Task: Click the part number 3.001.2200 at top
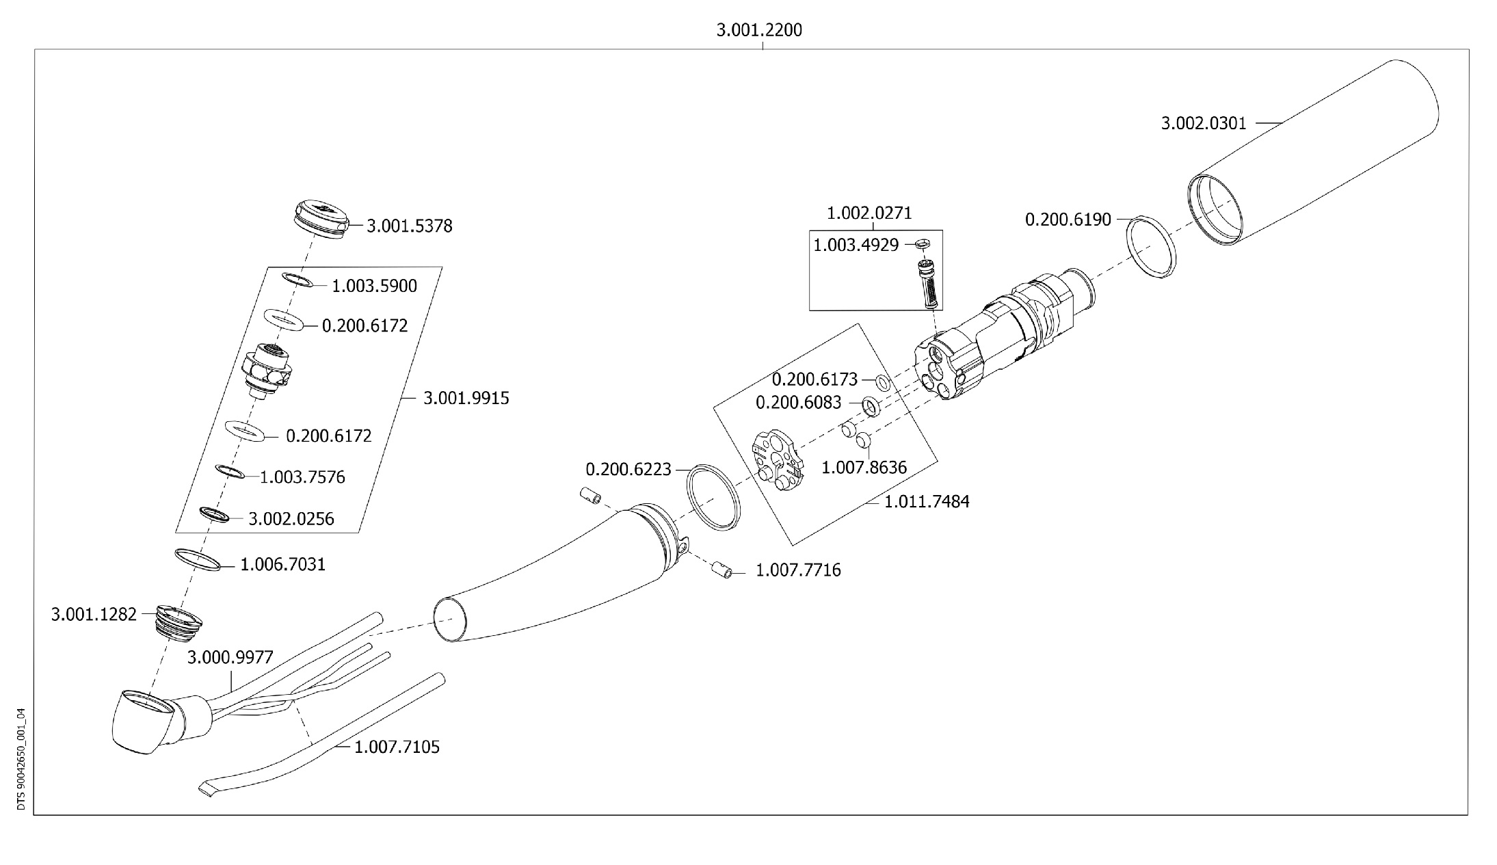759,30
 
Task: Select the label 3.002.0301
1204,123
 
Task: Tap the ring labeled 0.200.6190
1151,248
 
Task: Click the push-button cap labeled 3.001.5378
320,219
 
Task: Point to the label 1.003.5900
374,286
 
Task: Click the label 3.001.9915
466,398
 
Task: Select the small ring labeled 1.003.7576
230,471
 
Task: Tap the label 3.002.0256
291,519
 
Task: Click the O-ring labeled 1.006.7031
198,559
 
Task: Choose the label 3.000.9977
230,657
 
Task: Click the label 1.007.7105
397,747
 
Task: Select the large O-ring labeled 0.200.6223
713,496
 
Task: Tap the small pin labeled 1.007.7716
721,569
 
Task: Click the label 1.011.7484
927,501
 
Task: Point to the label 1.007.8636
864,468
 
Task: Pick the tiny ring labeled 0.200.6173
884,382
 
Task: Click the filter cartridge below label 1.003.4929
929,284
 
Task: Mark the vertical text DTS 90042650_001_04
21,759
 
